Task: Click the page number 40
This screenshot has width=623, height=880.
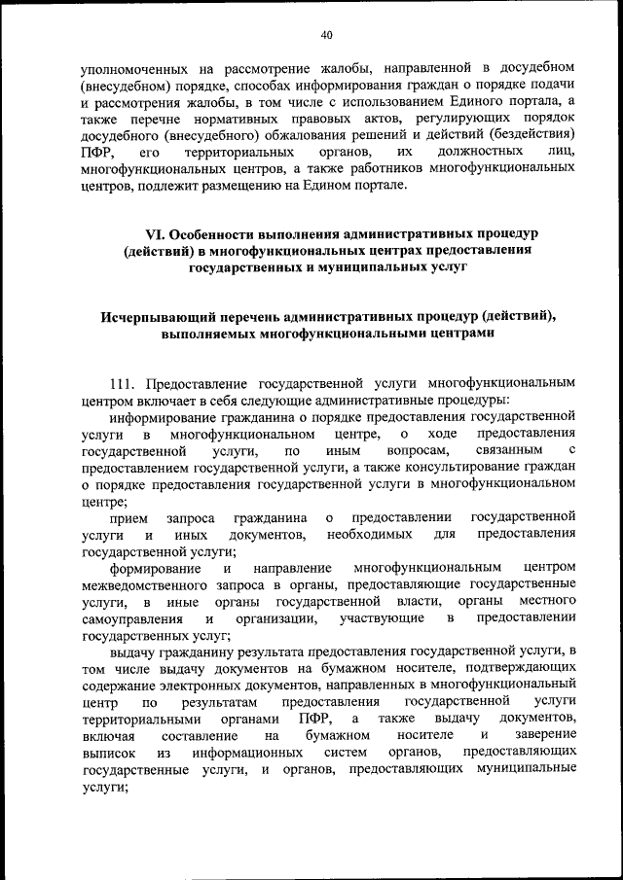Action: coord(326,35)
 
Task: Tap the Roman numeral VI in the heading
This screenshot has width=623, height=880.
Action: coord(154,234)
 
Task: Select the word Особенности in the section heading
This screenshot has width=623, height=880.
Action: coord(214,234)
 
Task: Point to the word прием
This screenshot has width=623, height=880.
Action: coord(129,518)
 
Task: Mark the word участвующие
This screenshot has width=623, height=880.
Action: coord(378,618)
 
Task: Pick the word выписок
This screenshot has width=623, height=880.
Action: coord(108,754)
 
